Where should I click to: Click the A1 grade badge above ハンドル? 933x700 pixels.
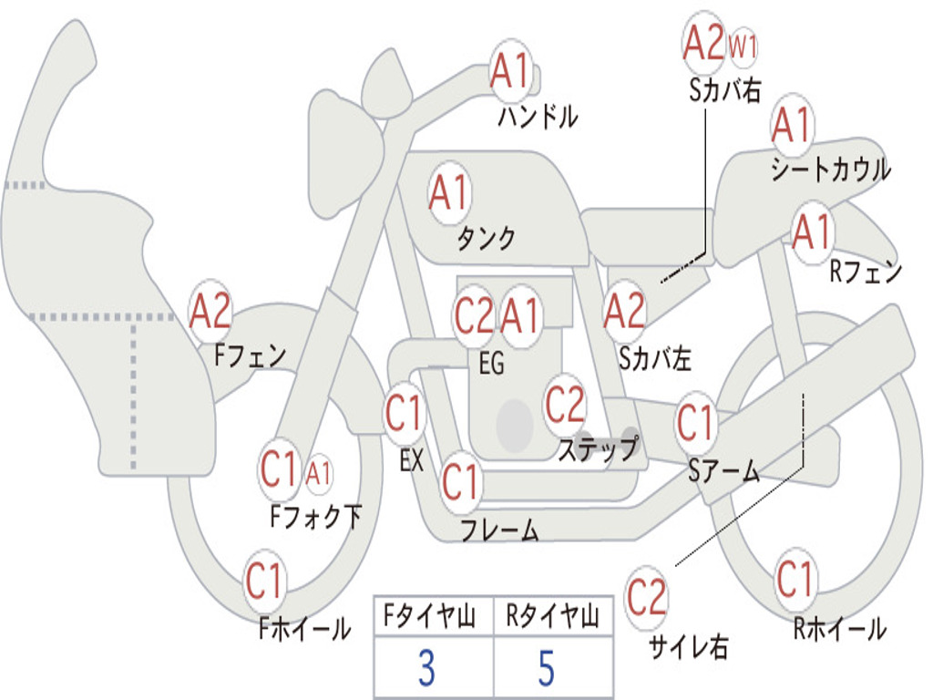510,70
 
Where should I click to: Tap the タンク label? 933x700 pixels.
487,238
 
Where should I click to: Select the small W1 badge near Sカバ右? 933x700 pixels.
743,46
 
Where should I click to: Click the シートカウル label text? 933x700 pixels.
831,169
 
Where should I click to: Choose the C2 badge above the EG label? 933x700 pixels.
474,315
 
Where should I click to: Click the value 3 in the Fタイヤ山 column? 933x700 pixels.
426,668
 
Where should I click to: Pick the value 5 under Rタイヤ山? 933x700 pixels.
547,668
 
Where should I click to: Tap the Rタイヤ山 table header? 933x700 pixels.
552,615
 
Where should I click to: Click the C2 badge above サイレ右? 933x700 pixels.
646,597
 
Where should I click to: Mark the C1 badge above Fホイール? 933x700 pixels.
264,581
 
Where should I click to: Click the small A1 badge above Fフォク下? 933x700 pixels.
318,474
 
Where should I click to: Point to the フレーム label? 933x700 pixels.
500,530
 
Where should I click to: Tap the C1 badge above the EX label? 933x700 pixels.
405,413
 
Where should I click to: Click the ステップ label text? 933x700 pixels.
598,448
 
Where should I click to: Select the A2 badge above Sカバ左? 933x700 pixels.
623,311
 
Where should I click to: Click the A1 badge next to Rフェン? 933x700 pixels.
812,232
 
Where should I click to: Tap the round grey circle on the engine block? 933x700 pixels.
514,425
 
